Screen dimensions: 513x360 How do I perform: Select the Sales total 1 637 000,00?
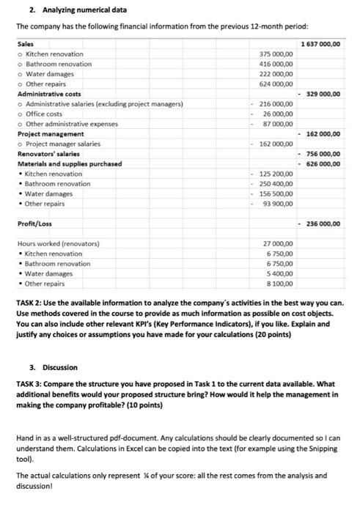pos(320,44)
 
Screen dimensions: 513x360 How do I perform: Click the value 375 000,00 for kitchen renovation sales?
pos(277,54)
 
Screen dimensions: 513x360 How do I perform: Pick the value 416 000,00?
pos(277,64)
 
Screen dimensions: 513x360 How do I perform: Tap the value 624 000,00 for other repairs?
pos(277,84)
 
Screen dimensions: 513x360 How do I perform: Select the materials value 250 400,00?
pos(277,184)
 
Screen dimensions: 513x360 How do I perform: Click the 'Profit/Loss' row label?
pos(34,223)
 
